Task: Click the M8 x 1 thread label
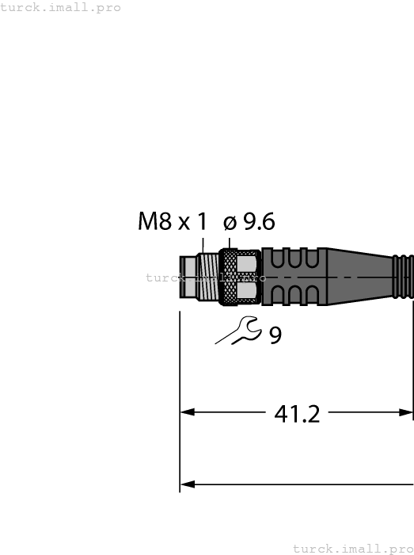pos(172,222)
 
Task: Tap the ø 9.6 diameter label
pos(249,222)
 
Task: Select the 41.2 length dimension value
pos(297,413)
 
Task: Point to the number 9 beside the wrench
pos(275,335)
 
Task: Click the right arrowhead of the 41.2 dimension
pos(406,412)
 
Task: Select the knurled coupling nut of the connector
pos(239,277)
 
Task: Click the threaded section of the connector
pos(207,277)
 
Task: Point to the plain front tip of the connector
pos(188,277)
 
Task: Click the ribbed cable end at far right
pos(403,277)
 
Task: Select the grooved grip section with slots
pos(293,277)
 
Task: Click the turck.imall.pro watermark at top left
pos(61,7)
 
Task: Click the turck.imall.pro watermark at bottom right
pos(353,548)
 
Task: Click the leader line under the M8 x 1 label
pos(203,244)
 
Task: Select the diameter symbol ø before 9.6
pos(230,223)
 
